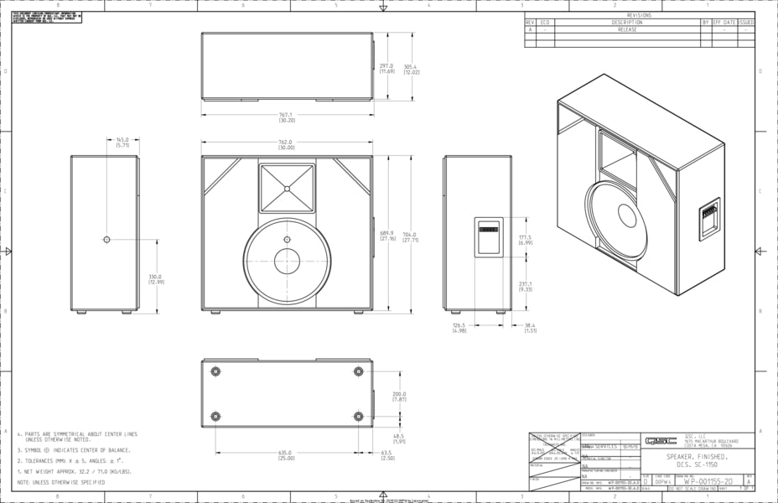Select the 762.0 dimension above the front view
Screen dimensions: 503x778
(x=286, y=142)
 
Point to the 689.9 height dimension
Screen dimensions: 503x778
(x=387, y=235)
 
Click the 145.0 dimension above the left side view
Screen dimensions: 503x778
(x=122, y=140)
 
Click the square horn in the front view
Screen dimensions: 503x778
(x=287, y=188)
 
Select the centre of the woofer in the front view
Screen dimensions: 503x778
(x=287, y=261)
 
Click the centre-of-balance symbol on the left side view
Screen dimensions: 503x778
(x=106, y=240)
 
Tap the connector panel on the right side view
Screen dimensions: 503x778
(x=489, y=236)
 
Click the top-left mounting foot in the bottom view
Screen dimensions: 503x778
(x=215, y=371)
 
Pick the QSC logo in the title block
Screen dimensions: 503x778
(x=655, y=440)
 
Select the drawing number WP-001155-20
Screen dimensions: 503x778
(x=708, y=482)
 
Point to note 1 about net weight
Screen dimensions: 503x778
(x=75, y=471)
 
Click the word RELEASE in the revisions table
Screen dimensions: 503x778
(x=627, y=29)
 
